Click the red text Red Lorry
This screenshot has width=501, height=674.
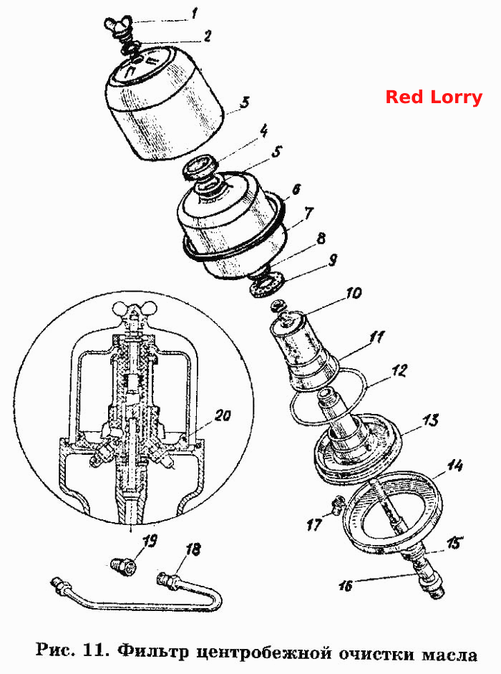[x=434, y=97]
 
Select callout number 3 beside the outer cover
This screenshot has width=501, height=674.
[x=244, y=103]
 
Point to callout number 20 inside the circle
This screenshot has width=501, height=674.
[x=223, y=415]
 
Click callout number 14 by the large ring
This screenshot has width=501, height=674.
[x=454, y=466]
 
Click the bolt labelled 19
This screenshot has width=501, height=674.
[x=124, y=565]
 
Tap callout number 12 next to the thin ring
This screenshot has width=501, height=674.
[x=399, y=371]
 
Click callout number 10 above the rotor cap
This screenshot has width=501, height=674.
[x=353, y=293]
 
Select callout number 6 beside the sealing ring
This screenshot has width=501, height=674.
[x=296, y=190]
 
